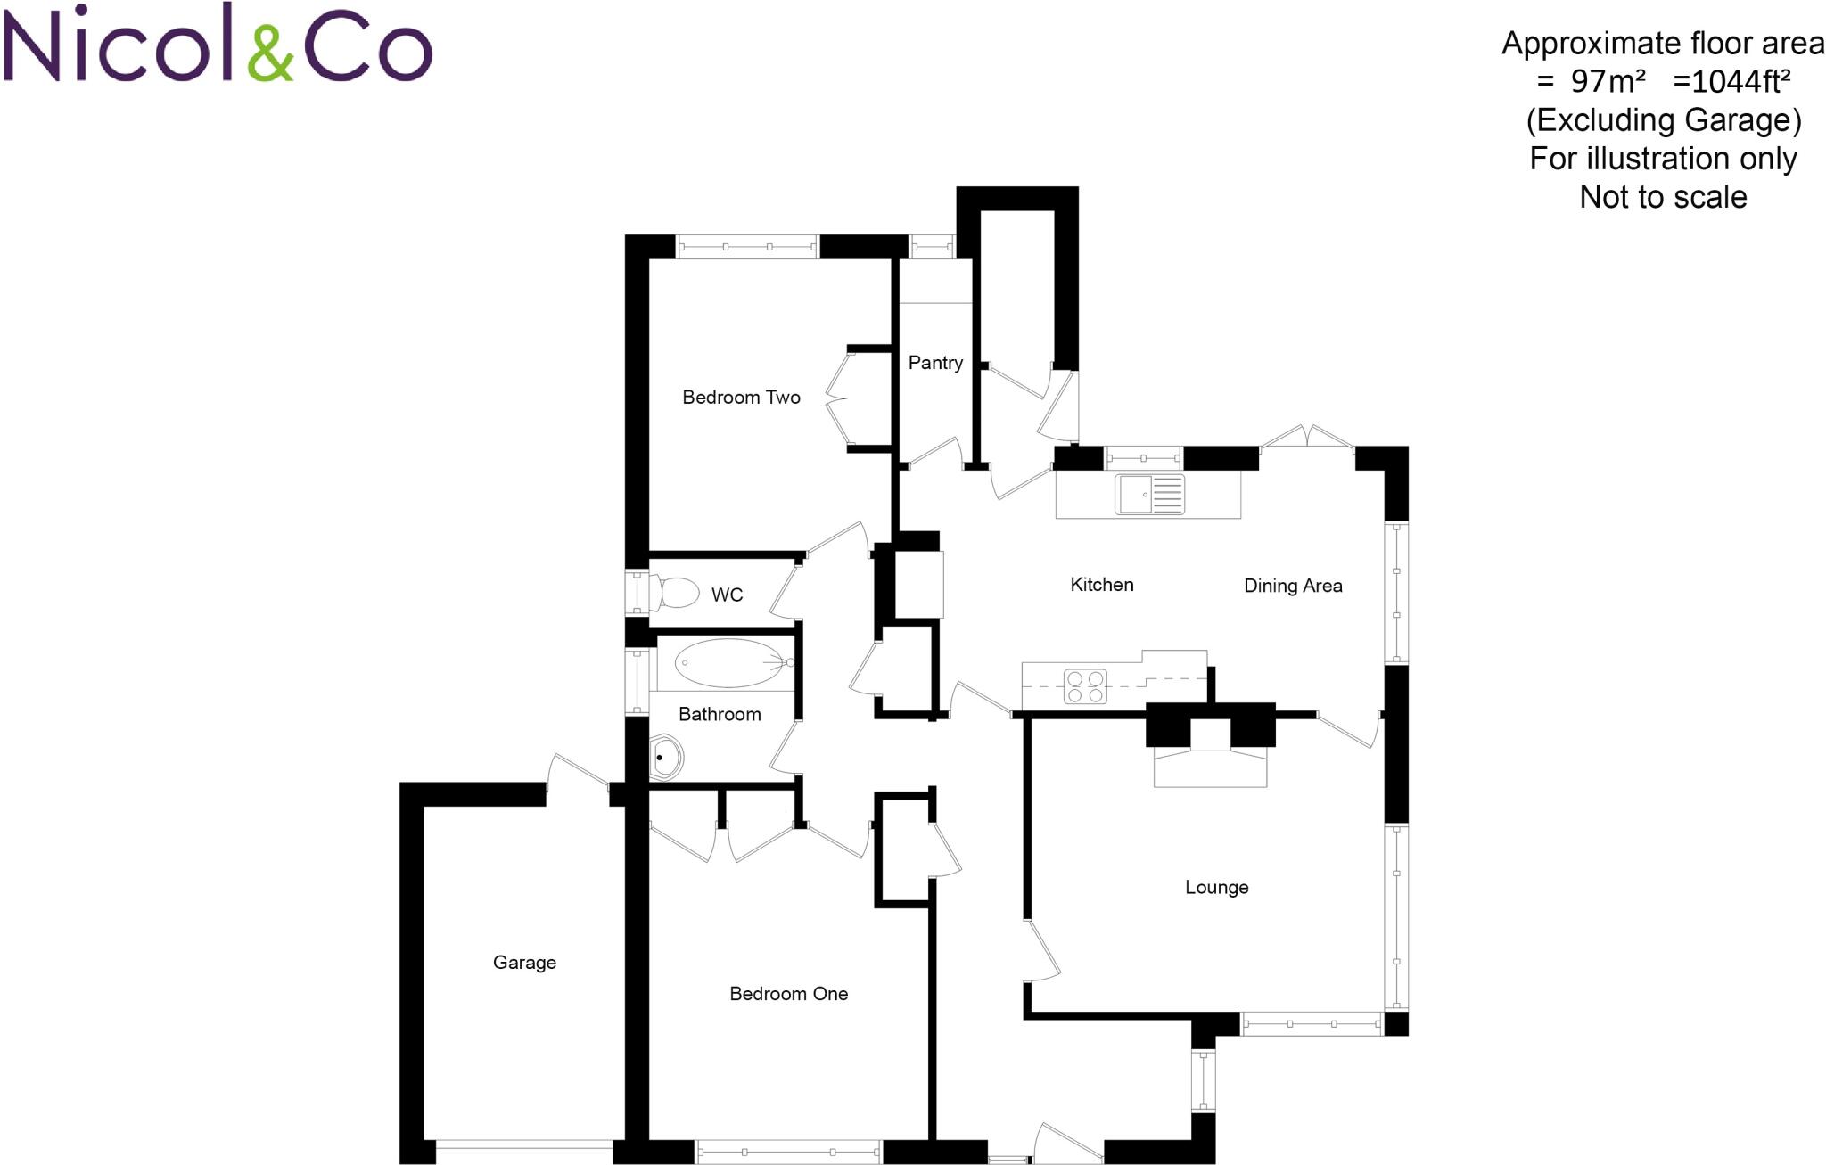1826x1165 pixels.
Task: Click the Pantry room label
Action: coord(935,363)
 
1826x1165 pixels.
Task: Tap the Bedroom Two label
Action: coord(741,398)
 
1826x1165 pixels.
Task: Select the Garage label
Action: coord(524,963)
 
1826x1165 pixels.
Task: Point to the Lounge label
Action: coord(1216,888)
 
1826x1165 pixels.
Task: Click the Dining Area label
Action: coord(1293,586)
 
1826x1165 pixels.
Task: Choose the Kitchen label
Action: coord(1101,585)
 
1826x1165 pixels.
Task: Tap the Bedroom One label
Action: coord(788,994)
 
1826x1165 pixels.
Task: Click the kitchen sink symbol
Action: coord(1149,495)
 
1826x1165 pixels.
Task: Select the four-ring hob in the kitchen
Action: coord(1085,686)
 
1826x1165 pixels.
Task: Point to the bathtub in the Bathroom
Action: coord(728,662)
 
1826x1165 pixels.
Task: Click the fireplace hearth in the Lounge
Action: coord(1210,767)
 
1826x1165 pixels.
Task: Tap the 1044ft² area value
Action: coord(1731,81)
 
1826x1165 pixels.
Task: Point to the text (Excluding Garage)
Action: coord(1664,119)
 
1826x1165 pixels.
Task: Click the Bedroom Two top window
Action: coord(747,246)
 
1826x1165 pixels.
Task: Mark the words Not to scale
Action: coord(1663,197)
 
